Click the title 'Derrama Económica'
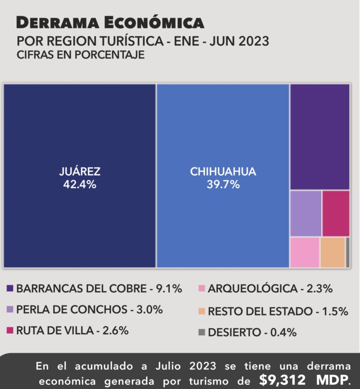pyautogui.click(x=110, y=22)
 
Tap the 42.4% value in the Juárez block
pyautogui.click(x=80, y=184)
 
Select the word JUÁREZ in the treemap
pyautogui.click(x=80, y=171)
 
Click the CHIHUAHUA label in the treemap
pyautogui.click(x=223, y=171)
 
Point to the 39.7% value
pyautogui.click(x=223, y=184)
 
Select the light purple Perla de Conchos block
pyautogui.click(x=306, y=213)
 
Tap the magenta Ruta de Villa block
pyautogui.click(x=336, y=213)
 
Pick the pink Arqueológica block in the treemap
pyautogui.click(x=305, y=252)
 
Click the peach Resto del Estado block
pyautogui.click(x=333, y=252)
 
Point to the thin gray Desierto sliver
pyautogui.click(x=347, y=252)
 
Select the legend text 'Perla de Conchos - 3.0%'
pyautogui.click(x=90, y=310)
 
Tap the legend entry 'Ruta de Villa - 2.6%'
pyautogui.click(x=72, y=331)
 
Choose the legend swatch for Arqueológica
pyautogui.click(x=202, y=289)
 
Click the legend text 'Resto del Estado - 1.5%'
pyautogui.click(x=278, y=311)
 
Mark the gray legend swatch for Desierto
pyautogui.click(x=202, y=332)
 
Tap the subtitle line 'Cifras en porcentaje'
pyautogui.click(x=81, y=55)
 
